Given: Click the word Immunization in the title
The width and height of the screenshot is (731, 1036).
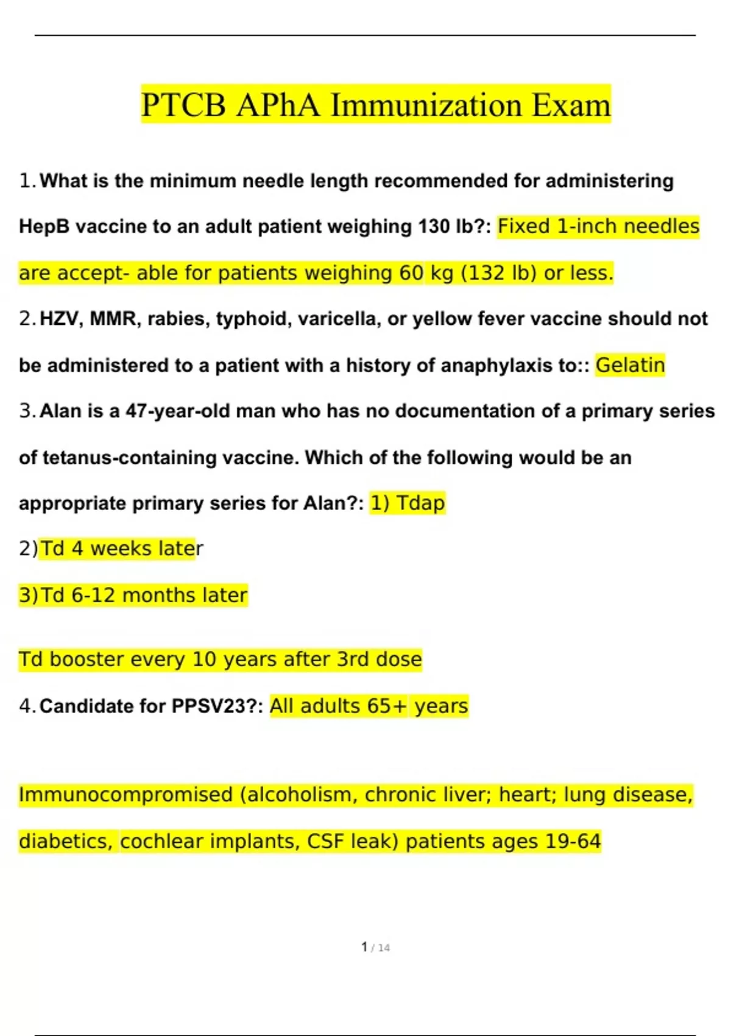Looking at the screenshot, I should click(426, 105).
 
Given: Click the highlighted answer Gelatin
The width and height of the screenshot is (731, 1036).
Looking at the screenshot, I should click(630, 365).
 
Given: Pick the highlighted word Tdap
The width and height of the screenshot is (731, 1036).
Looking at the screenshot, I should click(420, 503).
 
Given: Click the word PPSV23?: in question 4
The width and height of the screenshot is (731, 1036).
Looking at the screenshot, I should click(217, 706).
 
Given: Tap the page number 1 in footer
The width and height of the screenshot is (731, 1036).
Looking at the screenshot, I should click(364, 947).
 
